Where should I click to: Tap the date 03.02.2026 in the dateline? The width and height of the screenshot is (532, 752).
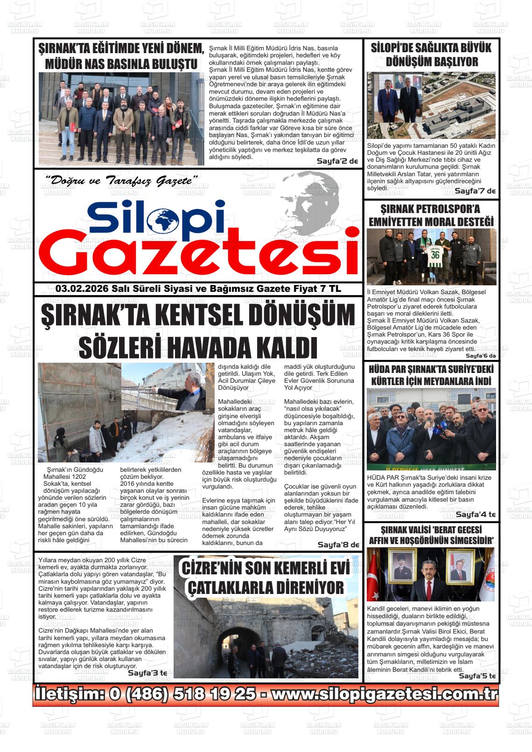point(82,289)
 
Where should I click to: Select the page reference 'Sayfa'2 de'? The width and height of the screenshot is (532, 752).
point(337,161)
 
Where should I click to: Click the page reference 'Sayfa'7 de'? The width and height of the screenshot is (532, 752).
point(475,191)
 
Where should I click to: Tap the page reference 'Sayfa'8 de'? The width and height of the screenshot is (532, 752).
point(338,545)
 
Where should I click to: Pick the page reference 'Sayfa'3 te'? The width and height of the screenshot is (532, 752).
point(147,673)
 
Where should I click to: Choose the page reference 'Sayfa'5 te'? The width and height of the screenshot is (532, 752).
point(476,676)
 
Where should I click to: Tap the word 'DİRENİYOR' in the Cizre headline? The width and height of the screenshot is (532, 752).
point(306,587)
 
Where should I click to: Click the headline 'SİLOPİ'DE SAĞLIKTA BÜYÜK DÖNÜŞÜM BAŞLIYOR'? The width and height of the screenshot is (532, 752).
point(431,55)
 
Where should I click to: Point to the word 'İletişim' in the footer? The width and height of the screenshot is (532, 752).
point(69,694)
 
